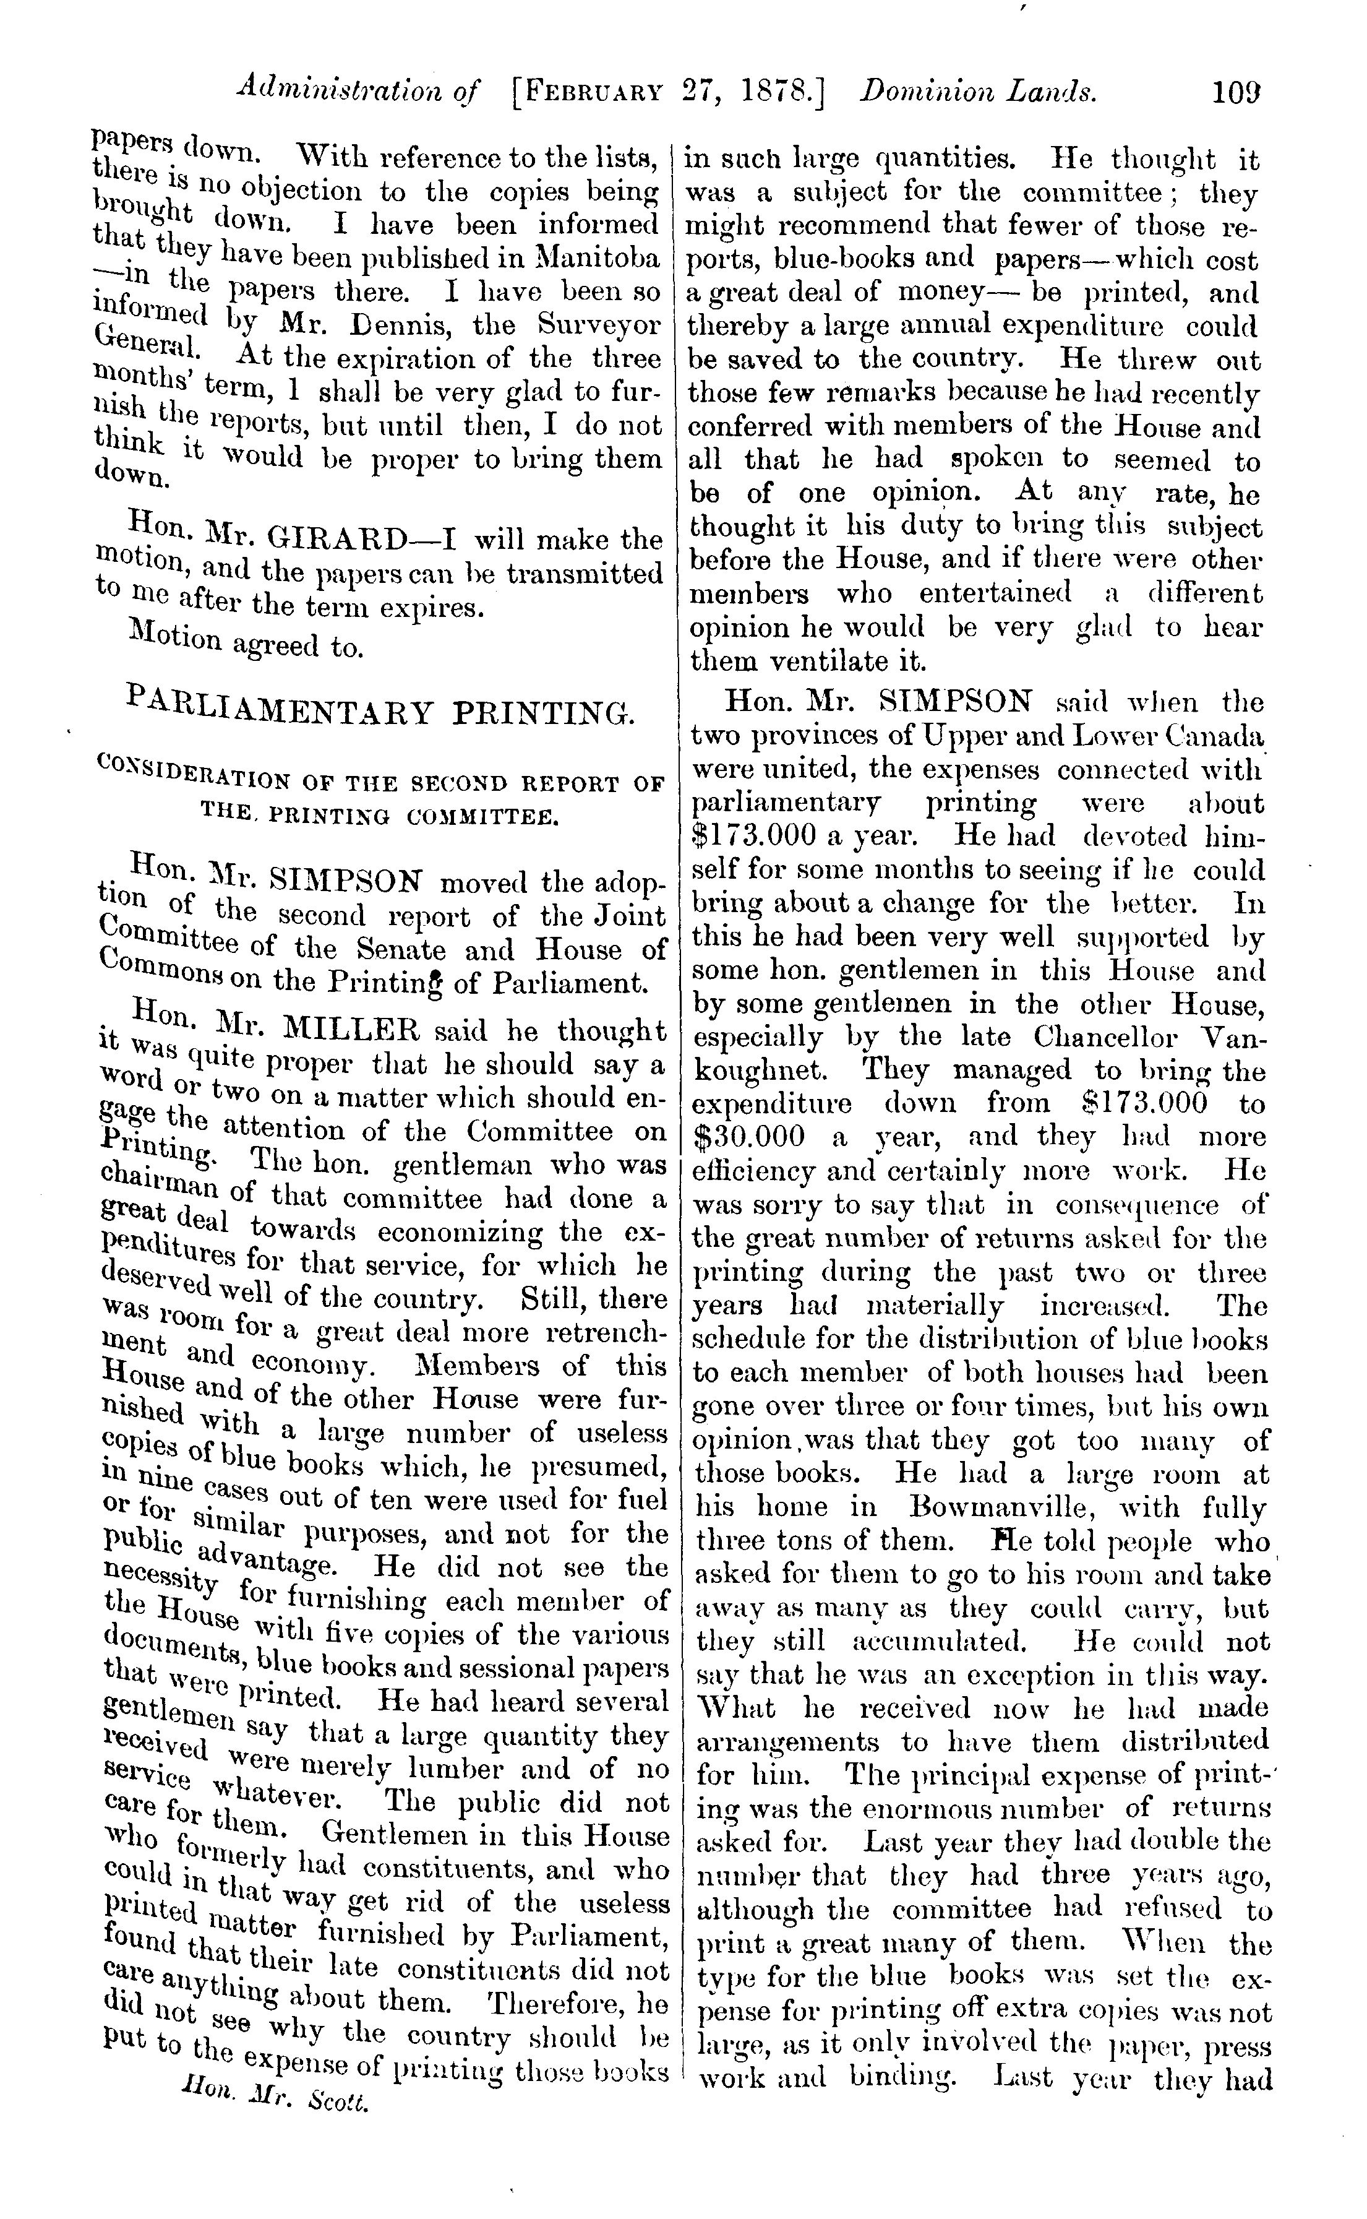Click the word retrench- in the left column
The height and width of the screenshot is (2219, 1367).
point(606,1334)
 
